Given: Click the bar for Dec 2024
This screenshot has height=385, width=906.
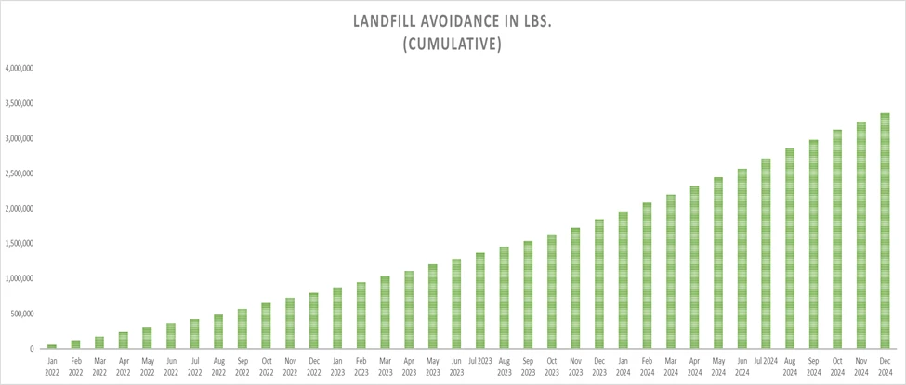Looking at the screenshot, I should [x=885, y=231].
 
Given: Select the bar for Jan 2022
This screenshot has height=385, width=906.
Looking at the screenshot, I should [x=51, y=346].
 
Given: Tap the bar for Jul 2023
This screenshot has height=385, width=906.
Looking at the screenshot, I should [x=479, y=301].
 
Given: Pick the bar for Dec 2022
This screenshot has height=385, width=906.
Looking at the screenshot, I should [x=313, y=321].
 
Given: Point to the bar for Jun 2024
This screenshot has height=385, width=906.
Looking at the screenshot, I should [x=742, y=259].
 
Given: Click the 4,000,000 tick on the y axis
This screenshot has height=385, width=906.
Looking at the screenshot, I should [x=20, y=69].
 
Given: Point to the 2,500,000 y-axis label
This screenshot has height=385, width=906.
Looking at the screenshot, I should [x=20, y=173].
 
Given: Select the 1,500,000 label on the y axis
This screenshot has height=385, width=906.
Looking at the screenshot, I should [x=20, y=244].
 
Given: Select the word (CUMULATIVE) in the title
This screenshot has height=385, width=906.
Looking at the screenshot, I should [x=453, y=44].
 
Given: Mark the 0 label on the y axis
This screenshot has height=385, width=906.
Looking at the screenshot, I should [x=33, y=349].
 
